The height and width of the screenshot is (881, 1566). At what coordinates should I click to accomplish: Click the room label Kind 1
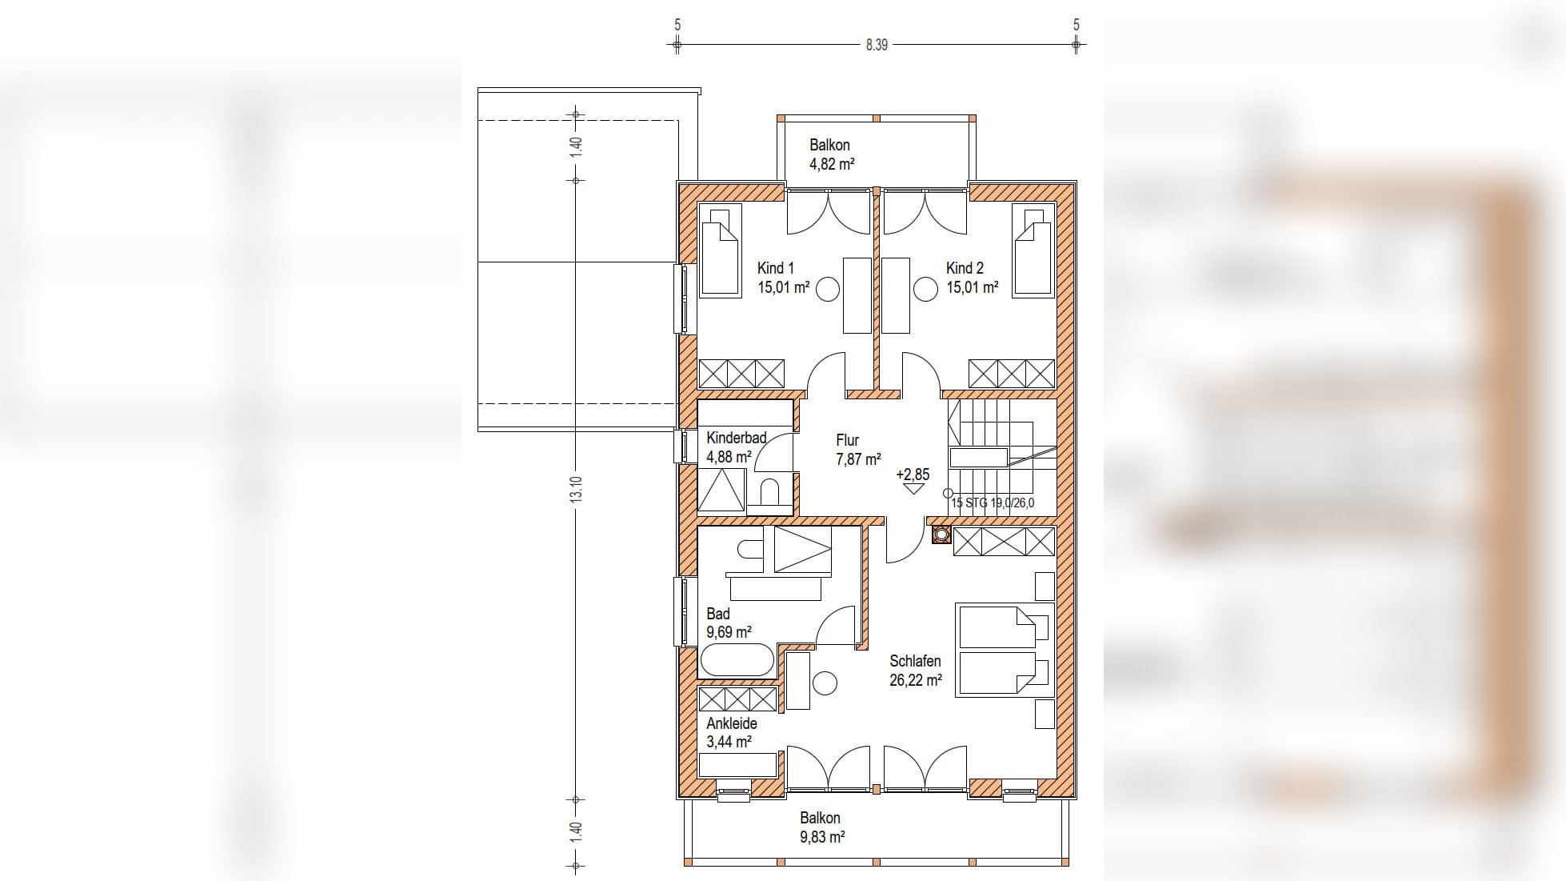click(x=775, y=268)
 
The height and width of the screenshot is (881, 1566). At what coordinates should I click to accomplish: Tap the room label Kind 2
click(x=965, y=268)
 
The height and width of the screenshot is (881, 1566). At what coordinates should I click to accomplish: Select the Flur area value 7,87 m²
click(x=858, y=459)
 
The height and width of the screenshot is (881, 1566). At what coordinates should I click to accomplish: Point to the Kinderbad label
click(x=736, y=438)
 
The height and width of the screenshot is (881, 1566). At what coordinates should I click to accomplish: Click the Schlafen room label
click(x=915, y=661)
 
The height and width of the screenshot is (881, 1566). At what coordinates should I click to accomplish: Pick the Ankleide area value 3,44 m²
click(x=729, y=742)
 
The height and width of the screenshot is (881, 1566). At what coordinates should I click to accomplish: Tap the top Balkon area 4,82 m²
click(x=832, y=164)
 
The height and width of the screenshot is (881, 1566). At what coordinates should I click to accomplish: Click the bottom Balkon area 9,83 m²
click(x=822, y=837)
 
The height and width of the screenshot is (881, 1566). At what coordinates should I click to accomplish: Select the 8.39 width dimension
click(x=877, y=45)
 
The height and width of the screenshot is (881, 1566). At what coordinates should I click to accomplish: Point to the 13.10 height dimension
click(x=577, y=489)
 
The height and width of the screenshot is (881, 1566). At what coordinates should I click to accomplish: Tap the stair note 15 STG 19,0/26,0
click(x=993, y=503)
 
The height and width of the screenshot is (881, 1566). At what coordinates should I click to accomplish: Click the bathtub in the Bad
click(x=737, y=661)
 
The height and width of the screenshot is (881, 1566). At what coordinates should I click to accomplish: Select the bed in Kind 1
click(x=720, y=250)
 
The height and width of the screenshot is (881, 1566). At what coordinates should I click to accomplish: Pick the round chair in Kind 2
click(x=925, y=289)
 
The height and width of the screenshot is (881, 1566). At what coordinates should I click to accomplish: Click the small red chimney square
click(x=941, y=535)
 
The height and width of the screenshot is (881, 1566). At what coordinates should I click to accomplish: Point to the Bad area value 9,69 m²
click(x=729, y=632)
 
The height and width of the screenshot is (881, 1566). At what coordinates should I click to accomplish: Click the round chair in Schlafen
click(x=825, y=683)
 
